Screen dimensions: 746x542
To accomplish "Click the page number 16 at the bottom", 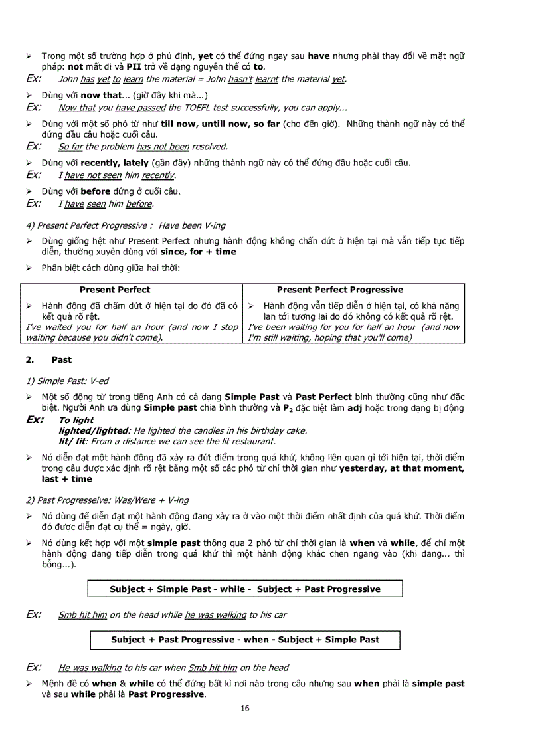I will (245, 709).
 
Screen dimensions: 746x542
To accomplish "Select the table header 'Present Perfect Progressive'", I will (339, 290).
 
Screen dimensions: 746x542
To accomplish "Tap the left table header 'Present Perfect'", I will (115, 290).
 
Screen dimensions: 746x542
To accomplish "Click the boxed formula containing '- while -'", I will (245, 589).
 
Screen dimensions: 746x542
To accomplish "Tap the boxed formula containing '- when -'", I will (245, 640).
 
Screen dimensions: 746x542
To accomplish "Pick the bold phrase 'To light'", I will (76, 420).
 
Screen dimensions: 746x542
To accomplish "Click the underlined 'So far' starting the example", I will (70, 147).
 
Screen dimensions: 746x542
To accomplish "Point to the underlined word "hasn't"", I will (240, 80).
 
